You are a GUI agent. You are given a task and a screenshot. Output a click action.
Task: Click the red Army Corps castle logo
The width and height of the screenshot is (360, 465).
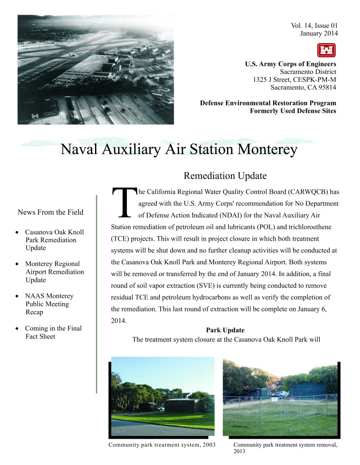(x=326, y=50)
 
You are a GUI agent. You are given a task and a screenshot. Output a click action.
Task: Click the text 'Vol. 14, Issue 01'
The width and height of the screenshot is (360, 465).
(x=314, y=25)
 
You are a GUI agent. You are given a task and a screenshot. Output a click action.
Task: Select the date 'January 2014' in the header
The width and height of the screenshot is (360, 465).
(x=319, y=33)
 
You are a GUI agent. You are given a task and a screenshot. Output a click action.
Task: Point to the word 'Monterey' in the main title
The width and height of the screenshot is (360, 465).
(x=262, y=149)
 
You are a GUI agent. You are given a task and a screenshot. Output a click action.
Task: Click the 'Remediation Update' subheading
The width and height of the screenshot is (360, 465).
(x=225, y=176)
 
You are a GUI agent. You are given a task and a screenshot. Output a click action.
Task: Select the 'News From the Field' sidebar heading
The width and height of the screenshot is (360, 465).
(x=50, y=212)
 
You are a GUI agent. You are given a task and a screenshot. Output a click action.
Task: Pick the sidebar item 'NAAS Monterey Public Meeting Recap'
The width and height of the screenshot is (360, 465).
(x=49, y=304)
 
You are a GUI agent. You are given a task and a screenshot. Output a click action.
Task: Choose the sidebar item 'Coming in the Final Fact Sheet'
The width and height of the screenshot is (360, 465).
(x=53, y=332)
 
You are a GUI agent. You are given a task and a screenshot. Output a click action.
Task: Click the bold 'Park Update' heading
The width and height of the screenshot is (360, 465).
(x=225, y=330)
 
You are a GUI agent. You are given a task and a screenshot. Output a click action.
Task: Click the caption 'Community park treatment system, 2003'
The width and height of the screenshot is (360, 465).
(x=162, y=444)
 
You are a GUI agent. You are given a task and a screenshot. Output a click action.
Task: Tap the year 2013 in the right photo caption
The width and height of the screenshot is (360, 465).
(x=239, y=451)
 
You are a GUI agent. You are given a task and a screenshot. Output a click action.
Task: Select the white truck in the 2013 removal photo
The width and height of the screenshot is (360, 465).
(x=281, y=394)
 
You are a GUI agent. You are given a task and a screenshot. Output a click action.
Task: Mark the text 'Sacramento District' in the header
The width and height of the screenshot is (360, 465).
(x=308, y=72)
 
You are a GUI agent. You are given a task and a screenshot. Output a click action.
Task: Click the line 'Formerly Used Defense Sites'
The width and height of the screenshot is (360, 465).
(x=293, y=111)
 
